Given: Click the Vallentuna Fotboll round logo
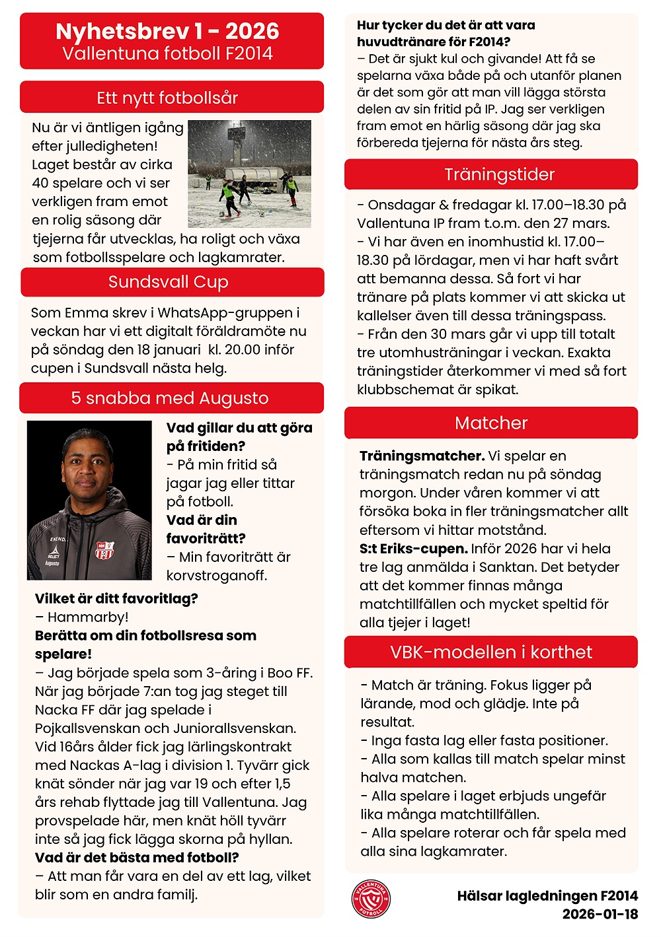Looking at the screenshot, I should pos(371,899).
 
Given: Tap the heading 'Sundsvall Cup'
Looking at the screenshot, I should pos(169,282).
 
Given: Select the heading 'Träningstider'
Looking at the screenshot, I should pos(499,174).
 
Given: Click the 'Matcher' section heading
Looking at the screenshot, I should pos(491,423).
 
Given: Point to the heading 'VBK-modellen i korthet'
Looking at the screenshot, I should pos(491,652).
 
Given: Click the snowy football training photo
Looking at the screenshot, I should pos(249,174).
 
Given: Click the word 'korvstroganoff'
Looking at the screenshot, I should pos(217,575).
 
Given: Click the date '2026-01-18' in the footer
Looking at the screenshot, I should pos(600,914).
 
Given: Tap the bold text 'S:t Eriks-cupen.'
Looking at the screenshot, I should pos(413,549).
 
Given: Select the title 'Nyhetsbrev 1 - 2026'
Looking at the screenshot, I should pos(167,31).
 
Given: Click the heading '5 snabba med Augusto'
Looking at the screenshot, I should pos(170,398).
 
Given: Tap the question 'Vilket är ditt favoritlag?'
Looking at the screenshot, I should pos(116,599).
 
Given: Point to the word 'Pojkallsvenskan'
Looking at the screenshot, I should pos(87,728).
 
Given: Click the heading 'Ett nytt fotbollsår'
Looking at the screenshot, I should pos(167,98).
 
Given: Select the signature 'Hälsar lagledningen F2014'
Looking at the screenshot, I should pos(547,896).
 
